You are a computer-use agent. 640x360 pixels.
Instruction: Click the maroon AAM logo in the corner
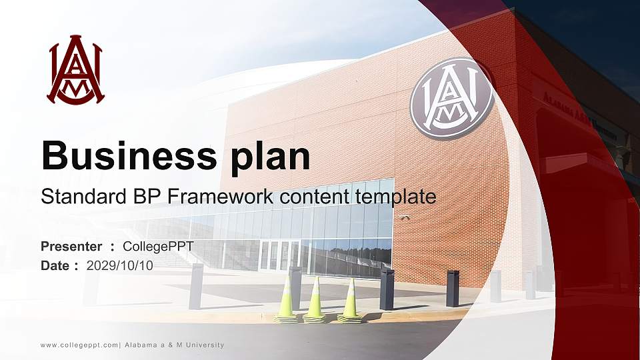75,70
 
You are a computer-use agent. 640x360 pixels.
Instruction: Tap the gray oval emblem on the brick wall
451,99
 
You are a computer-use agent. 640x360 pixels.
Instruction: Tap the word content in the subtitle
303,197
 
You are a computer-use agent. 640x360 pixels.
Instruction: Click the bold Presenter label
71,247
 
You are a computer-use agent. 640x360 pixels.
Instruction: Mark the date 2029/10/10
120,265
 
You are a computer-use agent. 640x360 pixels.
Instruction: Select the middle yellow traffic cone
315,300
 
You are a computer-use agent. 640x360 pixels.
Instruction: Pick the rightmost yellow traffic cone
349,300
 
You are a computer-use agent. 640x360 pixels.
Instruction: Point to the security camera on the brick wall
405,217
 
